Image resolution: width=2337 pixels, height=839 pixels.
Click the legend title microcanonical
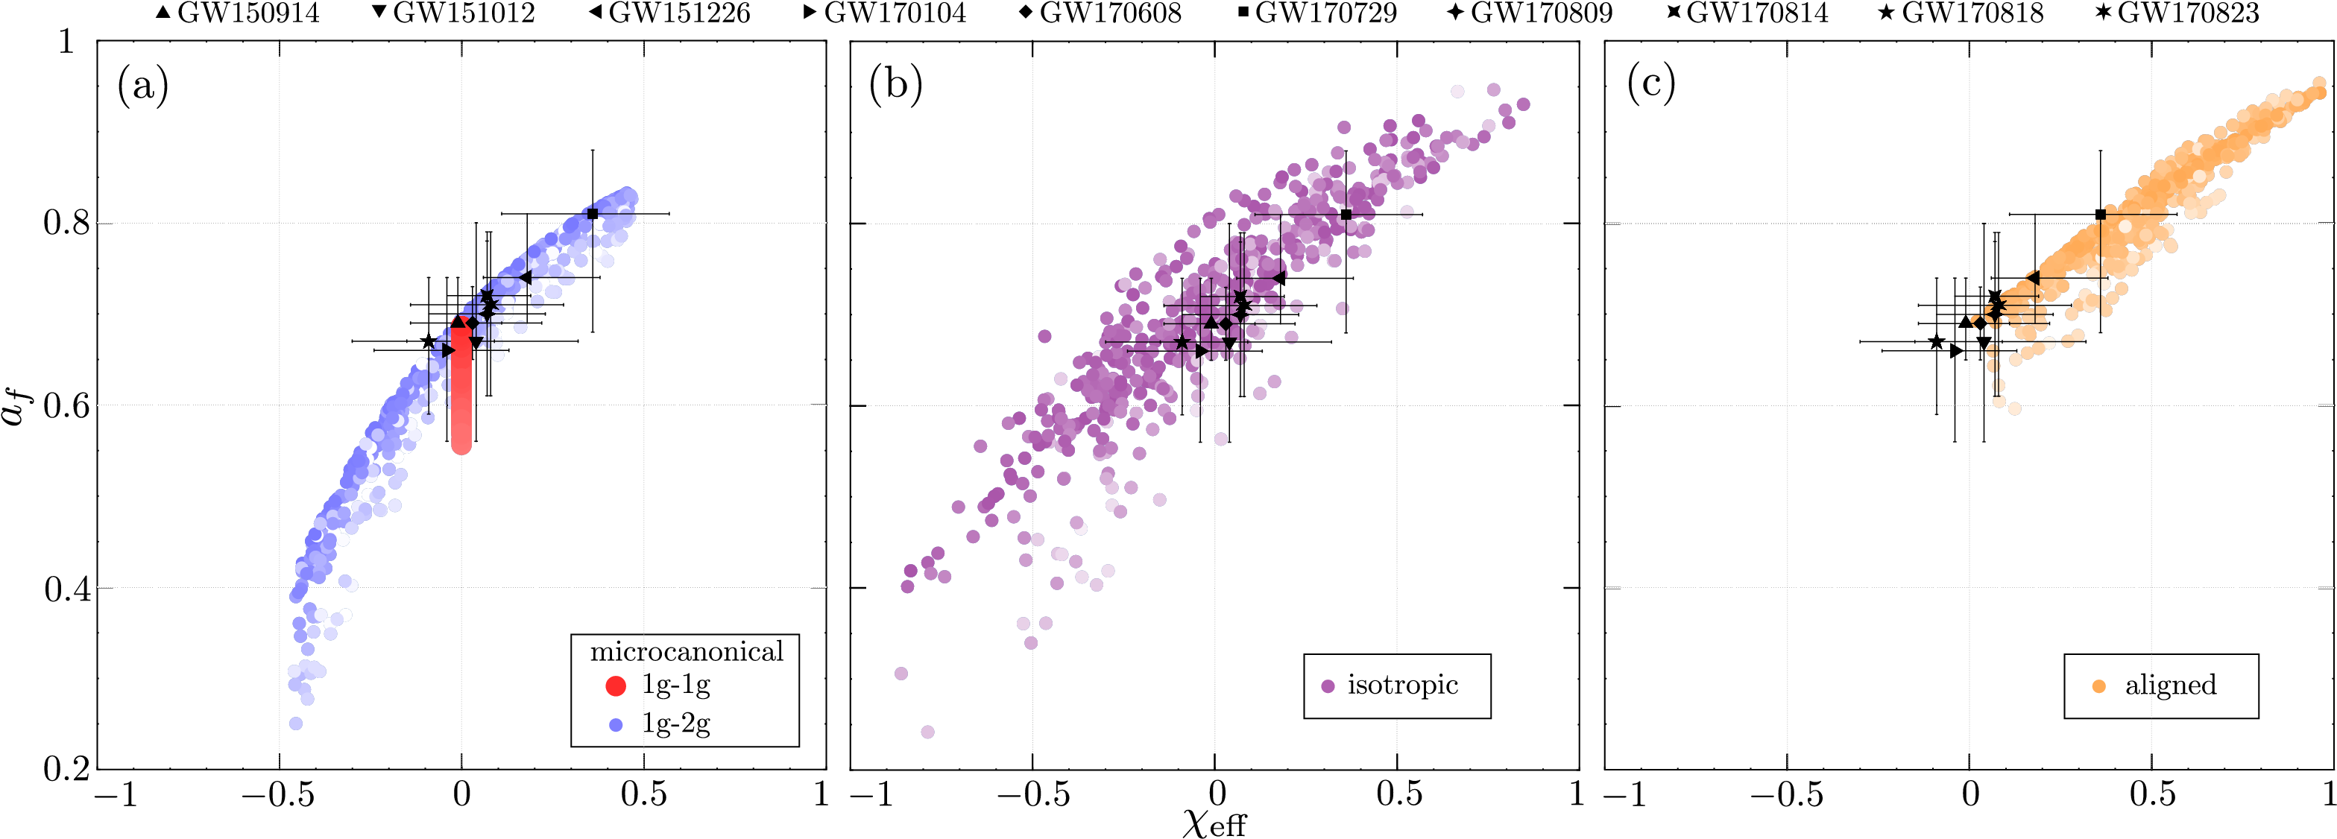point(686,652)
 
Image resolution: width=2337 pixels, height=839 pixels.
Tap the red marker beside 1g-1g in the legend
point(616,686)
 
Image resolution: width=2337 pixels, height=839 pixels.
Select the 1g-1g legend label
point(676,685)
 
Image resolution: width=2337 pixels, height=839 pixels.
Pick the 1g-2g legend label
point(676,724)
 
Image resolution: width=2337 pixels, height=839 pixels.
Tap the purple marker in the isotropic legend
point(1328,686)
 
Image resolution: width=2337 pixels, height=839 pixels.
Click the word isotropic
point(1402,685)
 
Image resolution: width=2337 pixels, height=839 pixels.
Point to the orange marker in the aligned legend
point(2098,686)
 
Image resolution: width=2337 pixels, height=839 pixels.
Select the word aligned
point(2170,685)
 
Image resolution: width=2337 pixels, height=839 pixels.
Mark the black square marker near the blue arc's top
point(593,214)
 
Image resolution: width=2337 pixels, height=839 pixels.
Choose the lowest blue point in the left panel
point(296,723)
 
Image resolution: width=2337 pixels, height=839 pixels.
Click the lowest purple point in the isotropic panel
point(927,732)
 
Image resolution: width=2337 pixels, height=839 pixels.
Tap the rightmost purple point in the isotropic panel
point(1523,104)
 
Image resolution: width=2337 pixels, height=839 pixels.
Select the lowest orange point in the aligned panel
point(2015,409)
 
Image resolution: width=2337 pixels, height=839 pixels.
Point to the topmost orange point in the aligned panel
point(2320,83)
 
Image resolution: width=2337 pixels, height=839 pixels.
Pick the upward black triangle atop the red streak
point(460,322)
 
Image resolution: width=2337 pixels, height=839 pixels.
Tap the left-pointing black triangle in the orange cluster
point(1974,319)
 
